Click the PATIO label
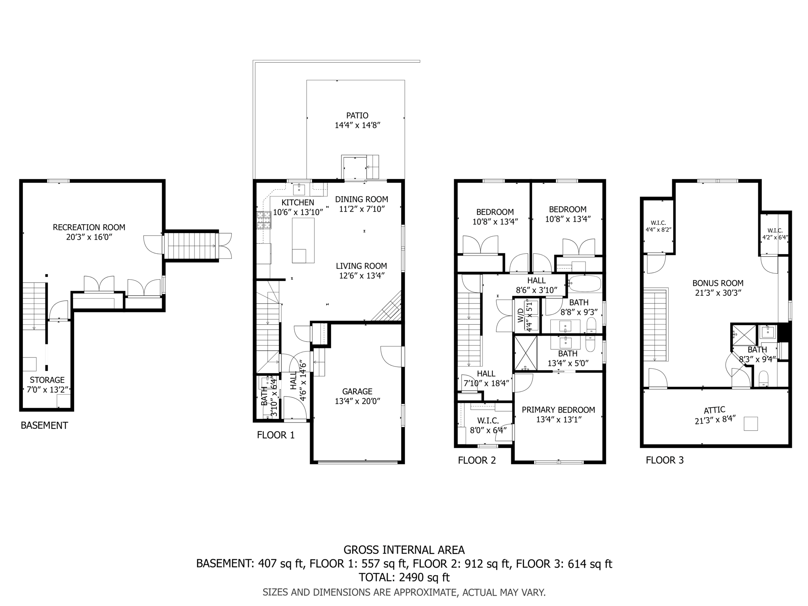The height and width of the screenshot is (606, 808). pyautogui.click(x=357, y=116)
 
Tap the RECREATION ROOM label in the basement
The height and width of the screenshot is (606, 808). pyautogui.click(x=89, y=227)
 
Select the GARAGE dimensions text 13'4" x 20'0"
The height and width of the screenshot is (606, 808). pyautogui.click(x=357, y=401)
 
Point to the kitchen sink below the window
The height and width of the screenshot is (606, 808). pyautogui.click(x=299, y=189)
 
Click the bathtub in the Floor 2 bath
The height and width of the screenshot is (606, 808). pyautogui.click(x=584, y=284)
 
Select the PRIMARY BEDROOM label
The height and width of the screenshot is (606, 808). pyautogui.click(x=558, y=410)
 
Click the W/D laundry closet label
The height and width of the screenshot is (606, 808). pyautogui.click(x=521, y=315)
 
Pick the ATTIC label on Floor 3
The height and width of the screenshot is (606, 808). pyautogui.click(x=714, y=410)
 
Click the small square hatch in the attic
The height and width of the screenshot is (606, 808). pyautogui.click(x=751, y=424)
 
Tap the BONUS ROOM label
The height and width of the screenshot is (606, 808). pyautogui.click(x=718, y=283)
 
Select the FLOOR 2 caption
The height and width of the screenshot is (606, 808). pyautogui.click(x=477, y=460)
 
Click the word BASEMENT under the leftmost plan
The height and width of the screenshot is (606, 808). pyautogui.click(x=44, y=425)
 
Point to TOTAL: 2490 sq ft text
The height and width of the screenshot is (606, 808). pyautogui.click(x=404, y=577)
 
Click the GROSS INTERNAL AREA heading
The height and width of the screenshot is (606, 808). pyautogui.click(x=404, y=550)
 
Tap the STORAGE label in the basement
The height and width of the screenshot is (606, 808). pyautogui.click(x=47, y=380)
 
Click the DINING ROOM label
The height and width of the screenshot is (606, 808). pyautogui.click(x=361, y=199)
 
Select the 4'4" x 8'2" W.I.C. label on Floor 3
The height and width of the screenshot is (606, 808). pyautogui.click(x=658, y=229)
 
